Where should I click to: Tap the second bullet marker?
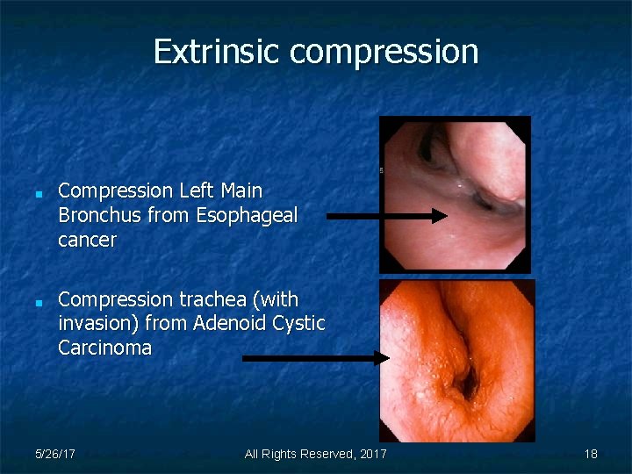[x=39, y=301]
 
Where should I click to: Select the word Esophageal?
[x=248, y=216]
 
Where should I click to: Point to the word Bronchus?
[x=94, y=215]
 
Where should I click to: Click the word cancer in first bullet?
[x=87, y=240]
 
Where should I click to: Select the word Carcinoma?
[x=104, y=348]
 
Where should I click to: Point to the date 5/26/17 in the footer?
[x=54, y=454]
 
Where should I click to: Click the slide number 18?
[x=591, y=454]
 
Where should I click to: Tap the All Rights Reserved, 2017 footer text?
[x=315, y=454]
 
